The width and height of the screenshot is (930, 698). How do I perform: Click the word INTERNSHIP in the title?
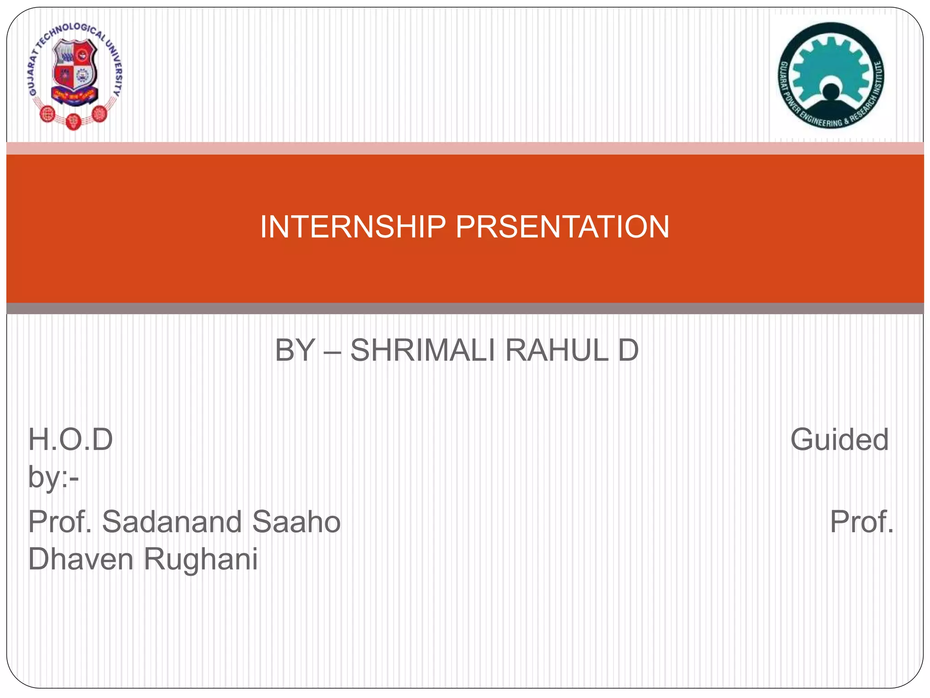[353, 227]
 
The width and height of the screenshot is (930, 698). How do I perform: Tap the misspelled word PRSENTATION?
[562, 227]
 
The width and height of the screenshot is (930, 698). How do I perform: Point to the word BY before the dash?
[295, 350]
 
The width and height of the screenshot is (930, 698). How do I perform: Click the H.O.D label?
[70, 440]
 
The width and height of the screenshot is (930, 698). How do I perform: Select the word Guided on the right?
[839, 440]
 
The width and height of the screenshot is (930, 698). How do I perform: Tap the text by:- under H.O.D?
[54, 477]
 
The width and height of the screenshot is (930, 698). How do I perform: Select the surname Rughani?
[201, 559]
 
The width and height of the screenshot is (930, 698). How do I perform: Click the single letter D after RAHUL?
[628, 350]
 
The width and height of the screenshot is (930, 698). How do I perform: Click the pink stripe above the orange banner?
[465, 148]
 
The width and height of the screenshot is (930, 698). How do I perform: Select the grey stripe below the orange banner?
[465, 309]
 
